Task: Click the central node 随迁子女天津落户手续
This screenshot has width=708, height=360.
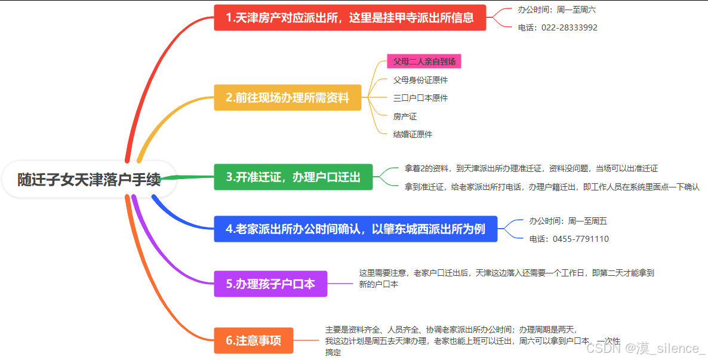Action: point(89,179)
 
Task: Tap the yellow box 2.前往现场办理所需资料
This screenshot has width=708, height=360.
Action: point(288,97)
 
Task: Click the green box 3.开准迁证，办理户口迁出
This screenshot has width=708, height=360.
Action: point(293,177)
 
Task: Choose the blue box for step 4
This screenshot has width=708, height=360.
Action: point(356,229)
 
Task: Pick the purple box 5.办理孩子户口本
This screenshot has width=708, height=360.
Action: point(270,284)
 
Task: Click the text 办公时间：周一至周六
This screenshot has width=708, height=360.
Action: point(556,10)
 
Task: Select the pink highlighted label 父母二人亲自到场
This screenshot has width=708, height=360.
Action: point(424,61)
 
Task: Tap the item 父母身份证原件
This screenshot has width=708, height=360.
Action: point(420,80)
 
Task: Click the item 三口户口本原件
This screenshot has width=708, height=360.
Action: point(420,98)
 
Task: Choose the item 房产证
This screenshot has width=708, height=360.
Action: point(405,116)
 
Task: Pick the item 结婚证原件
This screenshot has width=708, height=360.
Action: point(413,134)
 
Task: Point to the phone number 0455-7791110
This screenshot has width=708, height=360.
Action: point(569,239)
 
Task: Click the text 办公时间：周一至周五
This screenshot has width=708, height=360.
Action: point(568,221)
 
